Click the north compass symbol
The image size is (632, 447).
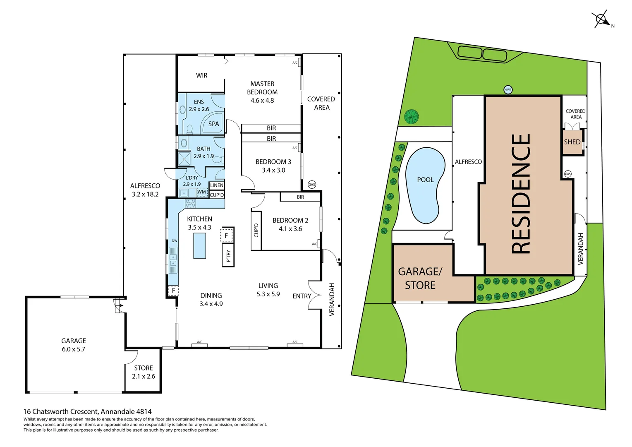[601, 19]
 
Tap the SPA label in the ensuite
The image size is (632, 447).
[213, 124]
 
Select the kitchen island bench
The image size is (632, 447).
[199, 245]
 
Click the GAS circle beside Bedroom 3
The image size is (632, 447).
[312, 185]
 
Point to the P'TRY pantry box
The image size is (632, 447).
[228, 256]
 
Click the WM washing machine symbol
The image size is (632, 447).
[202, 192]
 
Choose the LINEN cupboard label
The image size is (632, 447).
[217, 185]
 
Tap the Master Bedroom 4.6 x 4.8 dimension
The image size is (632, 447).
[262, 101]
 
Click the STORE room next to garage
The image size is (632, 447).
[143, 372]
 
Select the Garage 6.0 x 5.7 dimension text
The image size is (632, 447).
[74, 349]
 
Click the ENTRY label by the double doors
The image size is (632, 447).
[302, 296]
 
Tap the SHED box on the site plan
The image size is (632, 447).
[572, 142]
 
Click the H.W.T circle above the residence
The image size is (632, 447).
[508, 90]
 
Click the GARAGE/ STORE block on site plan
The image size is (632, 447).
[420, 278]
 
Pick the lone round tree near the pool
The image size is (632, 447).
[412, 117]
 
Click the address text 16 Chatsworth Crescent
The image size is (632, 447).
[87, 411]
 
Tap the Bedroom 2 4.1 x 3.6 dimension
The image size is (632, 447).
[290, 229]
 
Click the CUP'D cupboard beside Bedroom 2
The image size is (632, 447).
[256, 230]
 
